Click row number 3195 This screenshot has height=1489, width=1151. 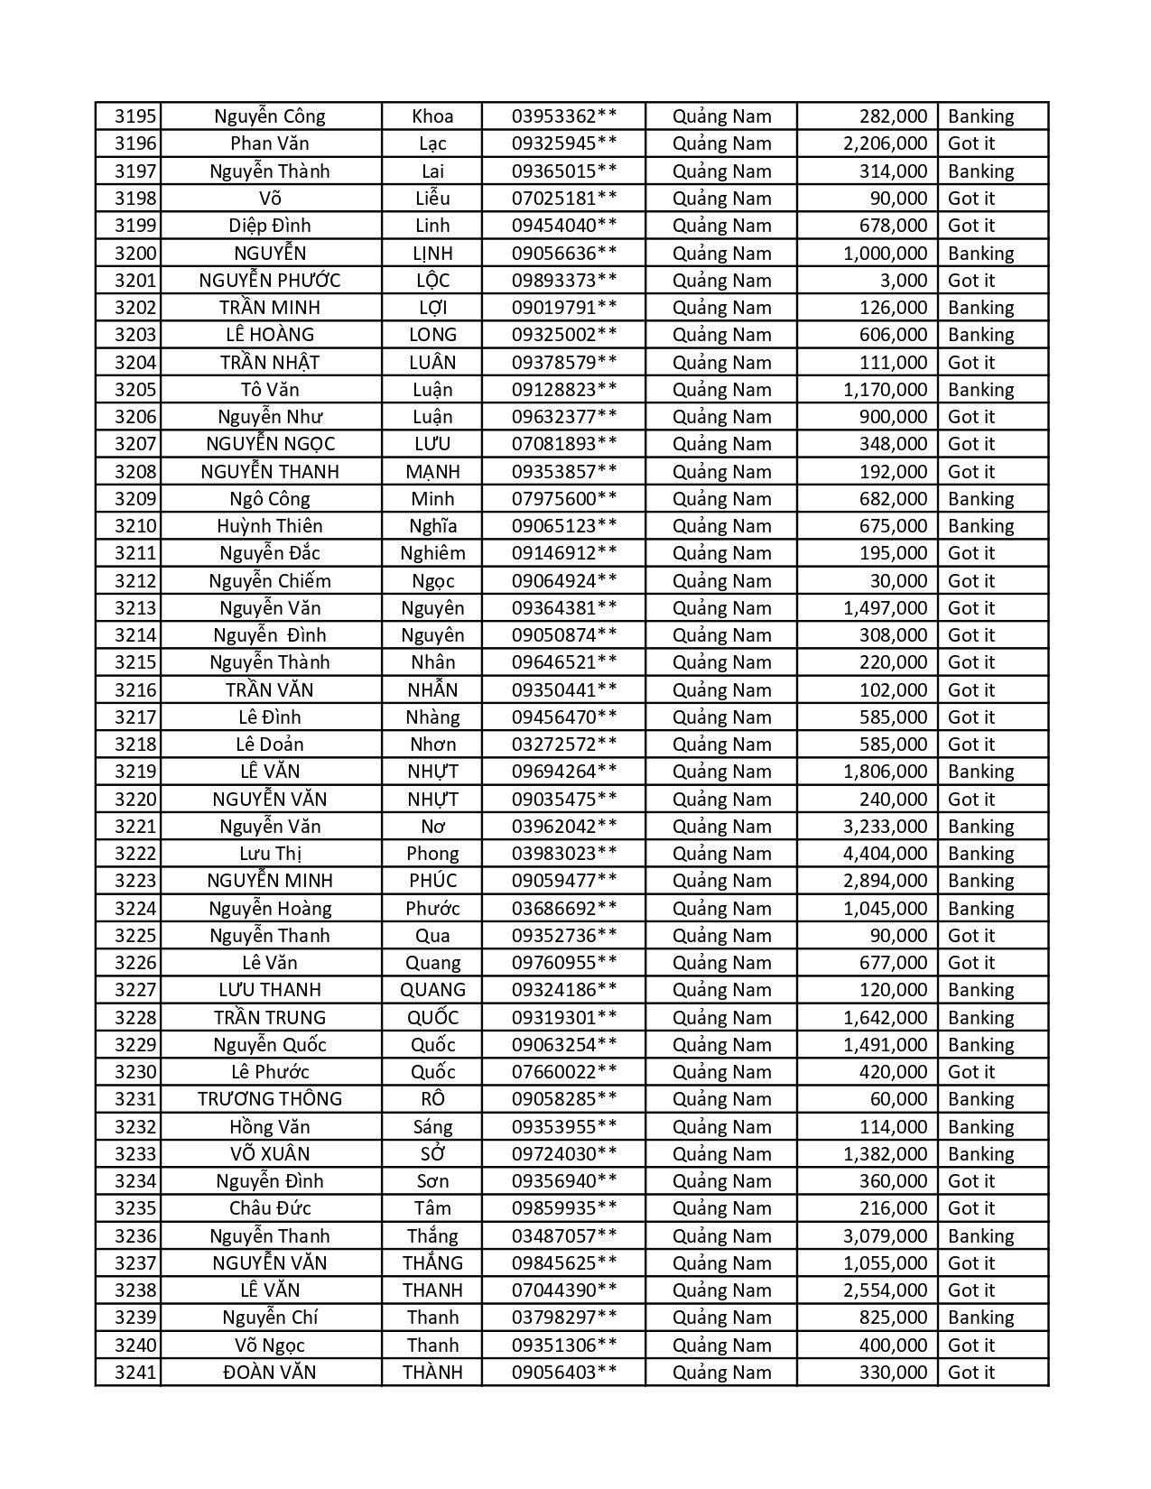pos(135,116)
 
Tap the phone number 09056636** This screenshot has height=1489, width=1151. pos(564,253)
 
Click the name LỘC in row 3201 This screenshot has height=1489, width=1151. pos(432,281)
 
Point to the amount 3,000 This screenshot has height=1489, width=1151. pos(903,281)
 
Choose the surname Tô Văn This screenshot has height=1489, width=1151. pos(270,390)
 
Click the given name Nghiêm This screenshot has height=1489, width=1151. pos(432,553)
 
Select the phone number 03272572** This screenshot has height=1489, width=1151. pos(564,744)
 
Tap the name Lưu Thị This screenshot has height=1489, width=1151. pos(270,854)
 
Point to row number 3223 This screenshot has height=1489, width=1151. pos(135,881)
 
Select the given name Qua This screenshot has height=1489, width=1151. pos(432,936)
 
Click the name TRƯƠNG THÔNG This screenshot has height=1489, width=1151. pos(270,1099)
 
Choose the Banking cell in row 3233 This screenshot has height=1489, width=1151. pos(980,1154)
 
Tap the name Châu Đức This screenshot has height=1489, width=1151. pos(270,1208)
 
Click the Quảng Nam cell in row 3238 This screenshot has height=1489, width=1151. pos(721,1290)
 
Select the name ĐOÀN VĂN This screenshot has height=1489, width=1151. pos(270,1373)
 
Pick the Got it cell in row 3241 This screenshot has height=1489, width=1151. pos(970,1373)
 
